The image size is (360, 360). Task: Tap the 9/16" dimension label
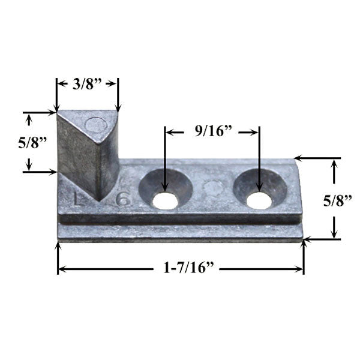click(x=212, y=131)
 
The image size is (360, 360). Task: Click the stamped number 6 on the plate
click(x=122, y=199)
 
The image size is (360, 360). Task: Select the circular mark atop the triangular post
click(x=96, y=125)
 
